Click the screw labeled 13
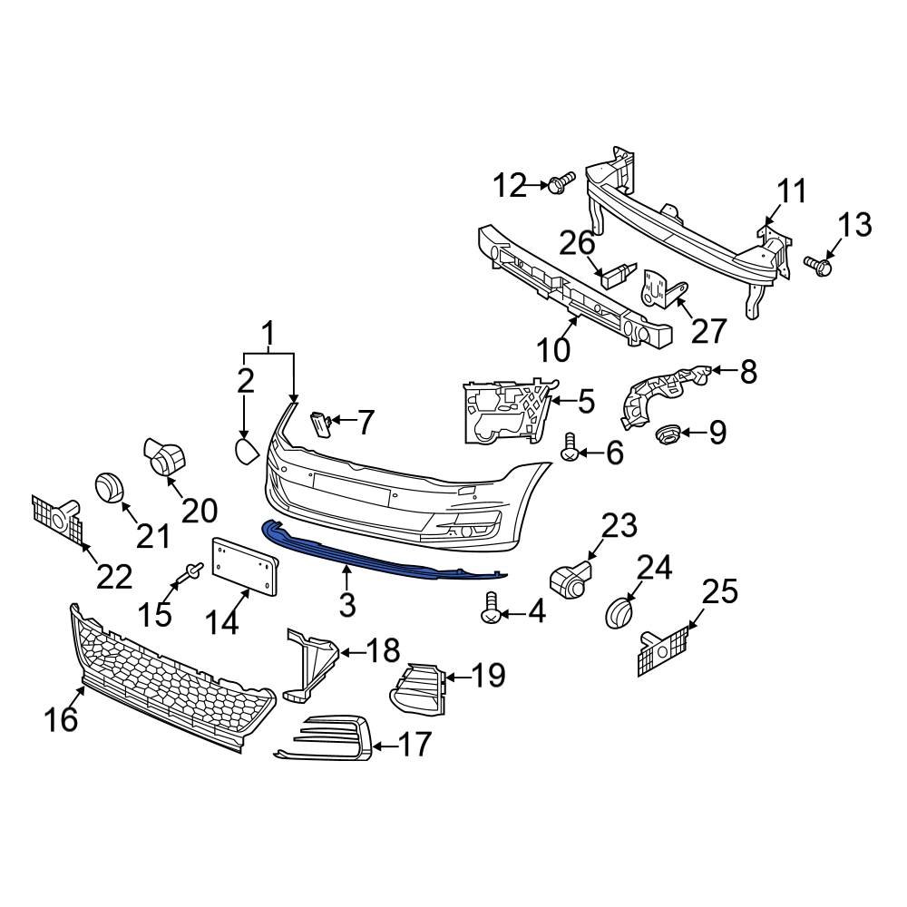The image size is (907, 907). (819, 265)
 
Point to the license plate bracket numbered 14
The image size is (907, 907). (242, 566)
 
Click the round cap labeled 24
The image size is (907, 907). (619, 610)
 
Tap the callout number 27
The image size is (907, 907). (708, 331)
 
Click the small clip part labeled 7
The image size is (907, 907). (318, 423)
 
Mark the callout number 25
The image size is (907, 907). (722, 593)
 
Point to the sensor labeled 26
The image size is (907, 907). (616, 273)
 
